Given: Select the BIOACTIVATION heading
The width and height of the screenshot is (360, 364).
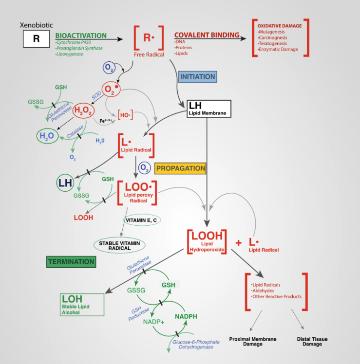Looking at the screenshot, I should [x=81, y=36].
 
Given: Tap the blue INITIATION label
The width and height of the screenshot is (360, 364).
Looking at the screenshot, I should [x=197, y=77].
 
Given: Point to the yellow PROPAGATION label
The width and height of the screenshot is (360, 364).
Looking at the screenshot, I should [x=180, y=168].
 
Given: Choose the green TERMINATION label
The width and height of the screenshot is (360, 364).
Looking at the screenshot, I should [x=71, y=262].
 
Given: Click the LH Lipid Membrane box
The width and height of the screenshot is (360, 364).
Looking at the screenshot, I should [x=207, y=109].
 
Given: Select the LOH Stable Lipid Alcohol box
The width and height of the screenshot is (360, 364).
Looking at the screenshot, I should [x=82, y=304].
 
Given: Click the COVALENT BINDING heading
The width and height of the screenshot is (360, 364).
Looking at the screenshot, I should [x=207, y=35].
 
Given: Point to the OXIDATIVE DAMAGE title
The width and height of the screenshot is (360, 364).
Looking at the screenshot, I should [x=280, y=26].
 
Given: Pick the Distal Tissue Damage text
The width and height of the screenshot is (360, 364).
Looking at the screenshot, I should [x=312, y=341].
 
